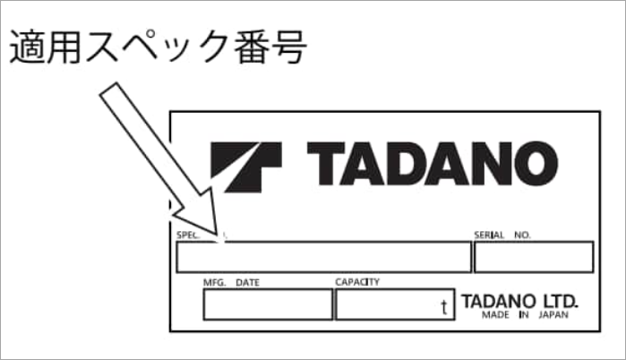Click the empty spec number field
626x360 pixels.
coord(323,257)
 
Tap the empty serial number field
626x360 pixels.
coord(533,257)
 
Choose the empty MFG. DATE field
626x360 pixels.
coord(268,304)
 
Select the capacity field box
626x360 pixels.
coord(395,304)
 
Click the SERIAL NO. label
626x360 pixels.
coord(502,236)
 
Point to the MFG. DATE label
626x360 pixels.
coord(231,282)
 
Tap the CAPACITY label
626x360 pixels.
coord(357,282)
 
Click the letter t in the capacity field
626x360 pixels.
coord(443,307)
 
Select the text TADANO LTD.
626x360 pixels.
coord(520,300)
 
